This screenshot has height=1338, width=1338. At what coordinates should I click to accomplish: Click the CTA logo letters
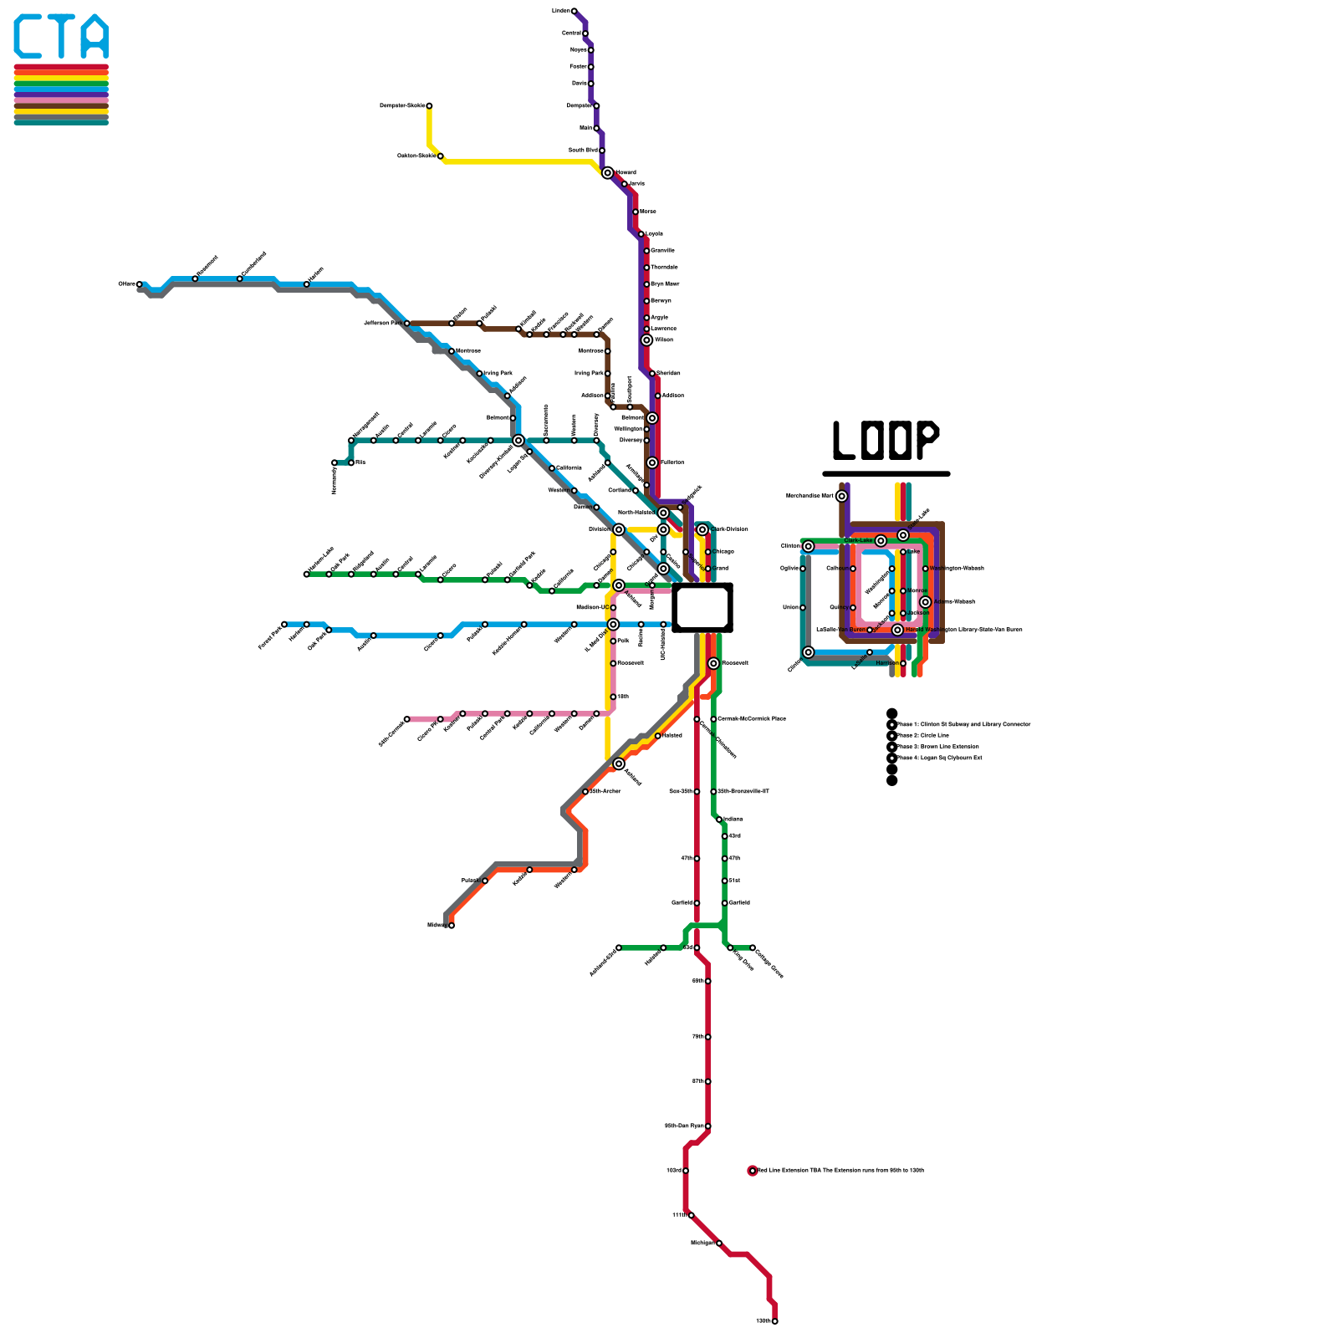(61, 37)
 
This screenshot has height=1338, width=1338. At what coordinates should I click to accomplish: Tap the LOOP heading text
(886, 440)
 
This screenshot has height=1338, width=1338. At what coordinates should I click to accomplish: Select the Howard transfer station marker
(608, 173)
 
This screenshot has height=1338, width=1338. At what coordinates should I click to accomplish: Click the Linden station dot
(574, 11)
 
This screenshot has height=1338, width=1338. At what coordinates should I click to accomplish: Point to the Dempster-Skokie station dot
(429, 106)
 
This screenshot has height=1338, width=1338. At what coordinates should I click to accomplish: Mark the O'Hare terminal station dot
(140, 284)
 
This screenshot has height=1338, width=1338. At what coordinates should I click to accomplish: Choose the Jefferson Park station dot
(407, 323)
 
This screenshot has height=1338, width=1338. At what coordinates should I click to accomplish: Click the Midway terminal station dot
(452, 925)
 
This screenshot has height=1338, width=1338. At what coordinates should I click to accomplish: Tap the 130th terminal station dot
(775, 1321)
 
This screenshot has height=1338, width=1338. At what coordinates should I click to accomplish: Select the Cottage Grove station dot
(753, 947)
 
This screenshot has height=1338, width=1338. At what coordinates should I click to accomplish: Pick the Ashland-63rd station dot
(619, 947)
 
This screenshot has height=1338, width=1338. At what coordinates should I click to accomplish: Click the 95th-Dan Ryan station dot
(708, 1126)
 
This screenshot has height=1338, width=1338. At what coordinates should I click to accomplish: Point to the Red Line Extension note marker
(753, 1171)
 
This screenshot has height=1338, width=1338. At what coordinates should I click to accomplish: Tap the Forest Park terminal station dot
(284, 624)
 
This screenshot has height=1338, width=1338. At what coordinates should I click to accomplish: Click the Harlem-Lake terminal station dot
(307, 575)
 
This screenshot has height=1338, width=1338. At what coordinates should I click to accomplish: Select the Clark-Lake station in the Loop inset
(881, 541)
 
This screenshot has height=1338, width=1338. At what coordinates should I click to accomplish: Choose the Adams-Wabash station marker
(926, 602)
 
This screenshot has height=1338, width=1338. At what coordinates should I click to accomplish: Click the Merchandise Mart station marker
(842, 496)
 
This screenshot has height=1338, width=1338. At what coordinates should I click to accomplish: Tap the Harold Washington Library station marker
(897, 630)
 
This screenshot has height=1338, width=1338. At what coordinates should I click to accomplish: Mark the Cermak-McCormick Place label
(752, 718)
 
